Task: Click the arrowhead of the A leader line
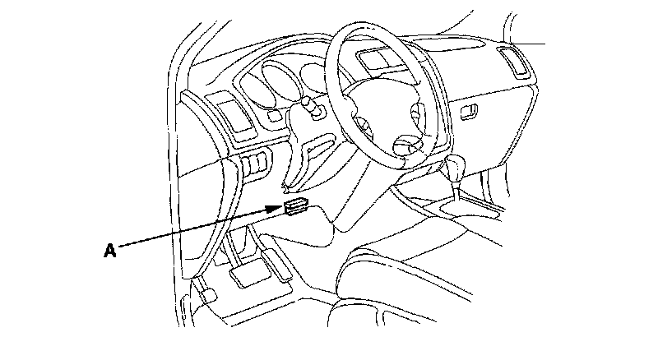click(280, 210)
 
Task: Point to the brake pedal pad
click(246, 275)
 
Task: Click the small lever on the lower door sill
click(206, 294)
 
